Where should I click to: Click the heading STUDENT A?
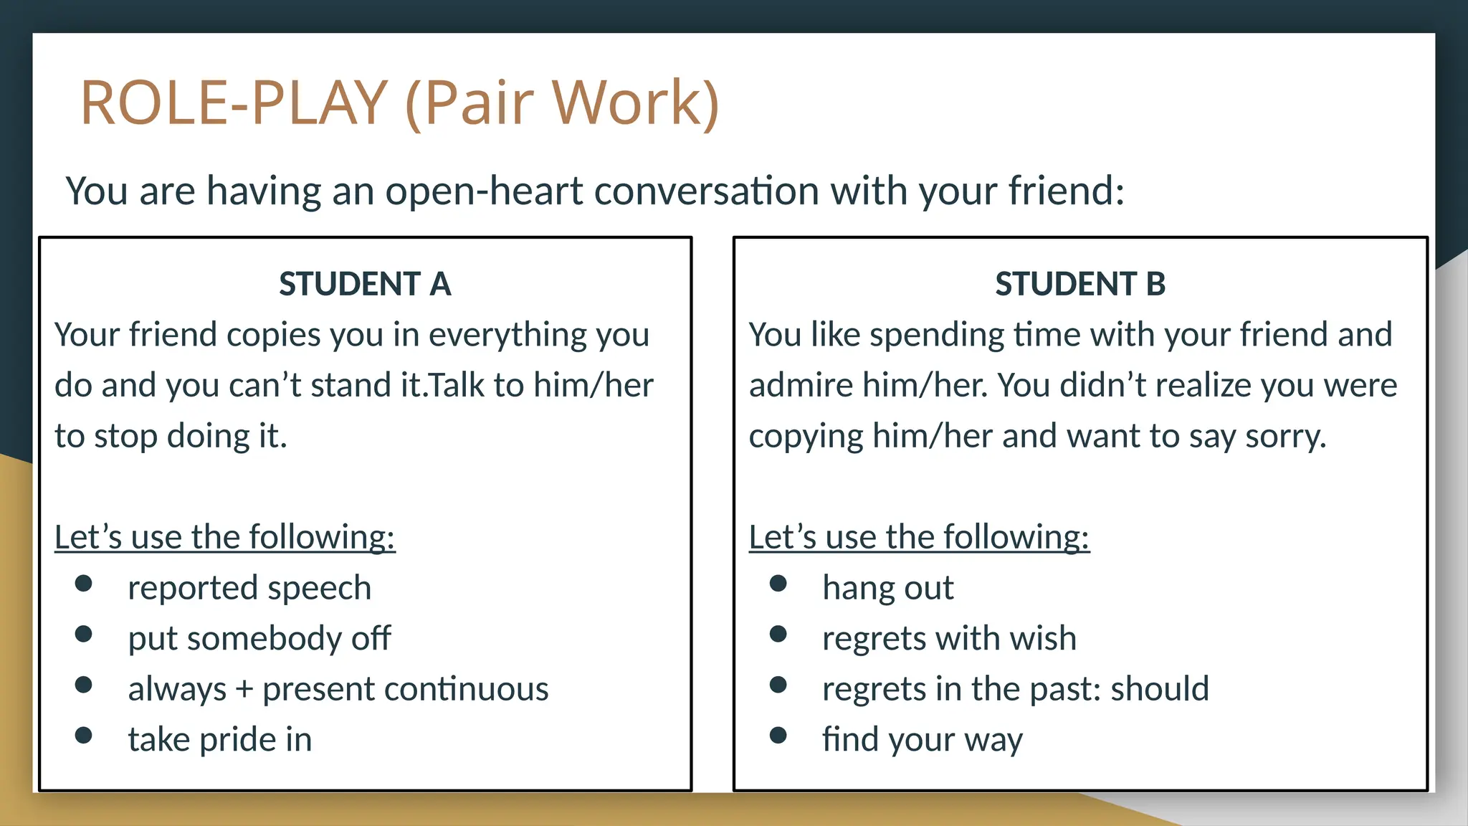(365, 284)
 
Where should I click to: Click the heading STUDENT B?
(1080, 284)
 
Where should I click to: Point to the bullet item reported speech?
(249, 588)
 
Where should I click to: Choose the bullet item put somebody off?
(259, 638)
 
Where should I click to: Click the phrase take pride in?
(220, 739)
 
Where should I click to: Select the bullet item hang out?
(887, 588)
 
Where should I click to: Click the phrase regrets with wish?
(949, 638)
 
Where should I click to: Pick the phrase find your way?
(922, 739)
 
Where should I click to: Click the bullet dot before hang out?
(778, 583)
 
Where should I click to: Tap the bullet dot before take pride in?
(83, 735)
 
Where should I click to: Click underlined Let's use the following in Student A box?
(224, 537)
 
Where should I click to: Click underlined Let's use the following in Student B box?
(919, 537)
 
